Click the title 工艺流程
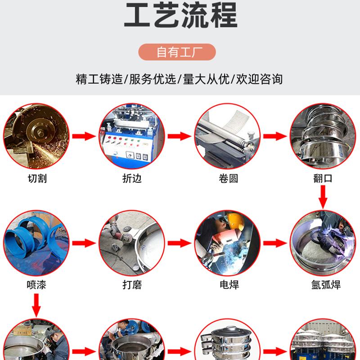tap(181, 15)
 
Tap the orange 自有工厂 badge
tap(177, 52)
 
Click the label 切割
tap(37, 178)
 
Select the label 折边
tap(132, 178)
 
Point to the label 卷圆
tap(228, 178)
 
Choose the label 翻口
tap(323, 178)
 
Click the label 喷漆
tap(36, 285)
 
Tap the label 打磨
tap(132, 285)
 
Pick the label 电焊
tap(229, 285)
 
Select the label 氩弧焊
tap(326, 285)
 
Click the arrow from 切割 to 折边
tap(84, 136)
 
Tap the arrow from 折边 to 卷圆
tap(180, 136)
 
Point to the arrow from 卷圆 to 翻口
tap(275, 136)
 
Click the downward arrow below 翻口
tap(323, 197)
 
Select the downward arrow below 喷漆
tap(36, 306)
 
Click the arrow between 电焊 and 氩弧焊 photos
tap(275, 243)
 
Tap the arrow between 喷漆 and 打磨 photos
tap(84, 243)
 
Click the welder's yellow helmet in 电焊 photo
tap(236, 221)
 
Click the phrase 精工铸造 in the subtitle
tap(99, 79)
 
